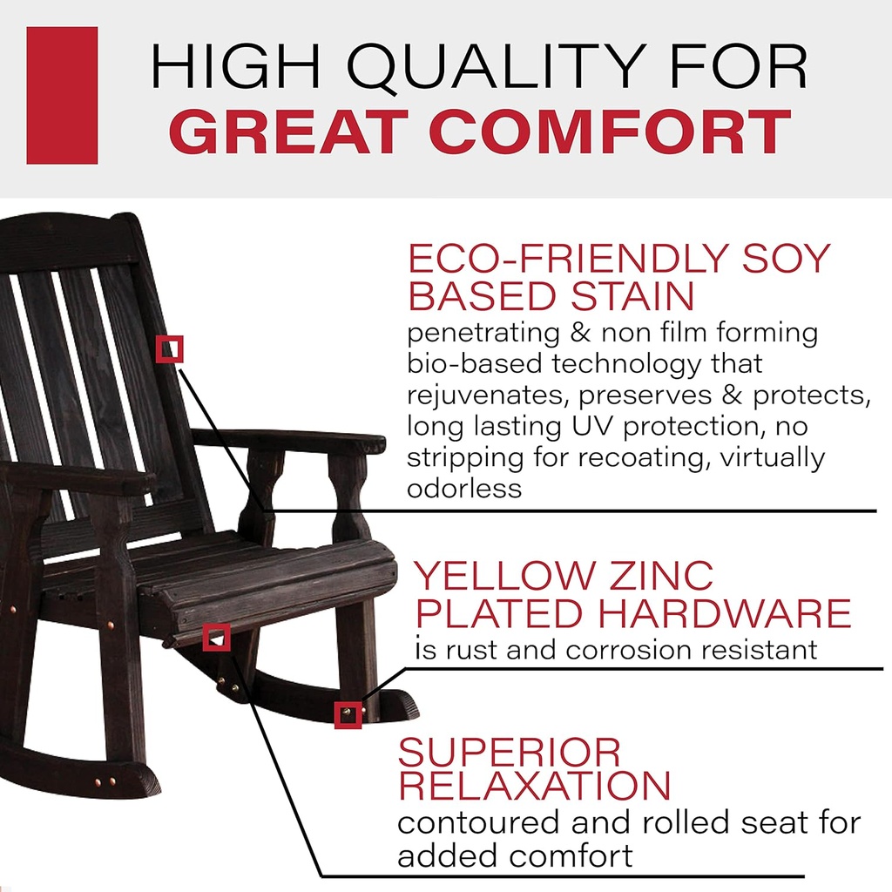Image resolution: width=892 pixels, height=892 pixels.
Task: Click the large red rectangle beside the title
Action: tap(62, 95)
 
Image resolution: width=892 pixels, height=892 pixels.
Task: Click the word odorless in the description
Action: tap(464, 489)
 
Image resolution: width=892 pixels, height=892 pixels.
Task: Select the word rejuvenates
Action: tap(488, 395)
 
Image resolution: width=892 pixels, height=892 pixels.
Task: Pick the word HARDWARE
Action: tap(723, 614)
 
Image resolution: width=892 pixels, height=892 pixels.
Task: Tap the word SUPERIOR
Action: tap(510, 752)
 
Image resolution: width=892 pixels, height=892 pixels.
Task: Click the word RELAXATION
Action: tap(534, 787)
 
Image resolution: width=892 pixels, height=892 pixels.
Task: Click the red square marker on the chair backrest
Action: tap(170, 348)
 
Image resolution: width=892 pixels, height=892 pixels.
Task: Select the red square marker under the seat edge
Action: tap(216, 638)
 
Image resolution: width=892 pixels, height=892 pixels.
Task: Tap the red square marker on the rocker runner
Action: tap(348, 715)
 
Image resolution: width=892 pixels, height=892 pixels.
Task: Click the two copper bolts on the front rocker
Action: tap(104, 783)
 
